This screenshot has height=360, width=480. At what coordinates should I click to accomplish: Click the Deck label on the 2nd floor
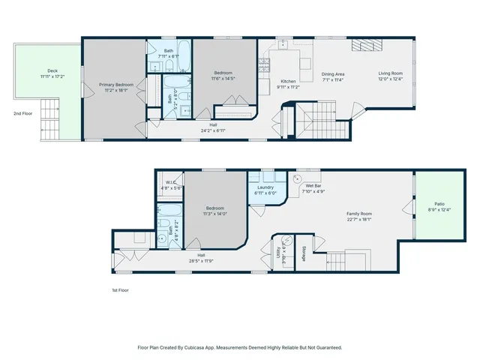(x=52, y=72)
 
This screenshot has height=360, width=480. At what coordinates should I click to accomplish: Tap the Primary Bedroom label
(x=116, y=85)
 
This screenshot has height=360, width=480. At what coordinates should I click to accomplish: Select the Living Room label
(x=390, y=73)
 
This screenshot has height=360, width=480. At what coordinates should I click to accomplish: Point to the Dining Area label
(x=333, y=73)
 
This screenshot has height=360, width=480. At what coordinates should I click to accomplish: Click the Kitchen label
(x=289, y=81)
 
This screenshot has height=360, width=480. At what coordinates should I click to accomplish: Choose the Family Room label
(x=360, y=213)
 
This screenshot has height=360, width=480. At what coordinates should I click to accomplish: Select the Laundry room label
(x=266, y=187)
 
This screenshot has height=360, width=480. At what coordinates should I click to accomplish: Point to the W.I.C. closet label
(x=171, y=183)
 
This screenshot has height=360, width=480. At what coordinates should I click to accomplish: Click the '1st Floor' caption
(x=119, y=289)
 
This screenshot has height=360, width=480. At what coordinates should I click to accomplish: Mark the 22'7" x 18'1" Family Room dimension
(x=360, y=219)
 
